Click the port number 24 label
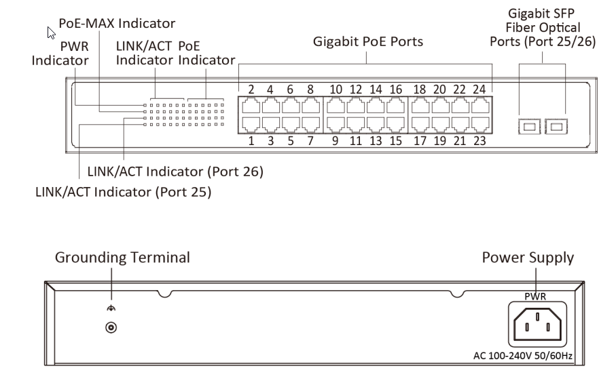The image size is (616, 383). point(479,89)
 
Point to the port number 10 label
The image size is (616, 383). point(336,89)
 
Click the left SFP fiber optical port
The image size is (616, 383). point(530,125)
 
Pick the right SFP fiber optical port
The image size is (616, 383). point(557,125)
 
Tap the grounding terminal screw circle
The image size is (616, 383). point(109,327)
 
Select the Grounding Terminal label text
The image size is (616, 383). point(122,258)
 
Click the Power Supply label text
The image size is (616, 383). point(528,258)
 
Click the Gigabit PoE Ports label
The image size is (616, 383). point(368,42)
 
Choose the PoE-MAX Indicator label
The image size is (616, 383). point(117,24)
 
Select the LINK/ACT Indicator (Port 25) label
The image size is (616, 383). point(123,193)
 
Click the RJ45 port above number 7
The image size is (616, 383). point(310,123)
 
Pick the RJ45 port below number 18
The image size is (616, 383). point(420,106)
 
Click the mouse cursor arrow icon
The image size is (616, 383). point(51,32)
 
